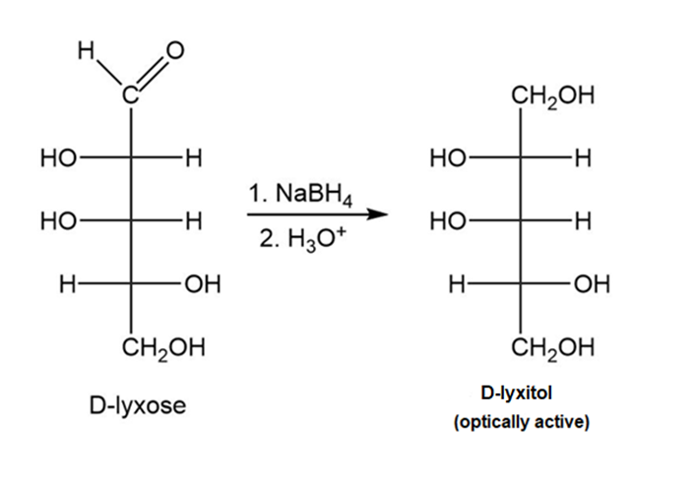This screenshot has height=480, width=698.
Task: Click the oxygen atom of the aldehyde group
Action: click(x=175, y=51)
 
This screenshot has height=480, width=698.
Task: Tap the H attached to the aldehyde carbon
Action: click(x=86, y=50)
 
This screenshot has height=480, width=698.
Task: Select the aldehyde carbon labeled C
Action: click(x=130, y=95)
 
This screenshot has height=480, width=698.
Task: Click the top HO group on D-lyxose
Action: click(x=58, y=158)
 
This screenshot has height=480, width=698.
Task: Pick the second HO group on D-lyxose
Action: click(x=58, y=220)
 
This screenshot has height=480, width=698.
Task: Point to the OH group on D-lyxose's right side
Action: click(x=203, y=284)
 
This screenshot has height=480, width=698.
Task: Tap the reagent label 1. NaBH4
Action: click(x=301, y=195)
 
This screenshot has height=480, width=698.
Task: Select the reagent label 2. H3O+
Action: click(x=302, y=240)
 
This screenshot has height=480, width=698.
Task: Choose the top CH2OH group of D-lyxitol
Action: click(x=552, y=96)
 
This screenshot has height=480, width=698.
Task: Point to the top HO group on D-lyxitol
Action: click(x=448, y=158)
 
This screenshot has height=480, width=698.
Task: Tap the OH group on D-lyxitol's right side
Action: click(x=592, y=284)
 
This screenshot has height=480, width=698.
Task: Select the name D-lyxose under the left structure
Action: click(x=138, y=405)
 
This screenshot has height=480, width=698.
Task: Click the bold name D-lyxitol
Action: click(x=517, y=393)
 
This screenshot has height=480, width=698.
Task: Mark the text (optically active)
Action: click(x=522, y=421)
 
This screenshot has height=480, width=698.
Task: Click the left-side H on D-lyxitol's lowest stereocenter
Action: click(x=456, y=284)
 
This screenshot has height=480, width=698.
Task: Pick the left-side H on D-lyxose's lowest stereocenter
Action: click(x=67, y=284)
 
